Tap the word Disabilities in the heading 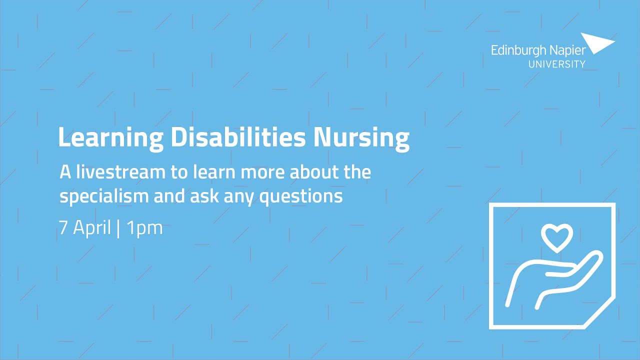238,137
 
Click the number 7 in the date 63,228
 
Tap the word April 92,228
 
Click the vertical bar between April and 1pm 118,228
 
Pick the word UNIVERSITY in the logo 557,64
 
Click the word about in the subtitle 310,173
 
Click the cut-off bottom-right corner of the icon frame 600,313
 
